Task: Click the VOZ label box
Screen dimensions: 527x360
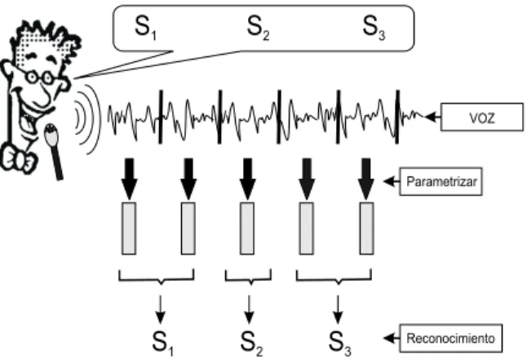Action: (x=481, y=117)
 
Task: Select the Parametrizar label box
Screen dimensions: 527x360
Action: (x=441, y=181)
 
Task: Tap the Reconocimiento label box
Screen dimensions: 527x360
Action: (x=450, y=338)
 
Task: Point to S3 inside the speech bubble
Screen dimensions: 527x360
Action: (x=374, y=28)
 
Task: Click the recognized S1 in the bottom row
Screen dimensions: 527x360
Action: (x=162, y=343)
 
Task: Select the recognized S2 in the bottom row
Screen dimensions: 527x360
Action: (x=251, y=343)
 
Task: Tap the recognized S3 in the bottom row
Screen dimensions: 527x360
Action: (x=340, y=343)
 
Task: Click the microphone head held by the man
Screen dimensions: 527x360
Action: (x=51, y=135)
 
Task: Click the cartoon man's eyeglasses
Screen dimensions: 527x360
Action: (x=39, y=78)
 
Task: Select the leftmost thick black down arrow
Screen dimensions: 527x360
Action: (x=130, y=179)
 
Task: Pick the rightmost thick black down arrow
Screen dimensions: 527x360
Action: (x=366, y=179)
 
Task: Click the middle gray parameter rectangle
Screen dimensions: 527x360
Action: (x=247, y=229)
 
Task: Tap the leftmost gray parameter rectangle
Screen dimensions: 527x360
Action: (x=129, y=229)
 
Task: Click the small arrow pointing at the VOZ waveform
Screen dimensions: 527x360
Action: (x=432, y=117)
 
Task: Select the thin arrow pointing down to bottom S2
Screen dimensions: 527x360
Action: (x=249, y=309)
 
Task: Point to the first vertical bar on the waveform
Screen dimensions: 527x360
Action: (x=161, y=117)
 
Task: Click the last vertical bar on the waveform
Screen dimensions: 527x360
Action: (x=397, y=117)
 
